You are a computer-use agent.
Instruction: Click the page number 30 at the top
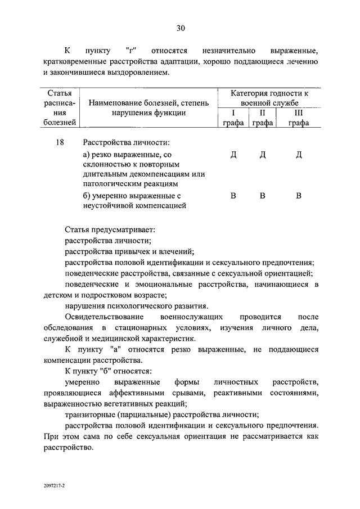180,28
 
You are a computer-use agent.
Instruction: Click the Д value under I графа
233,156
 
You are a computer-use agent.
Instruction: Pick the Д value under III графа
299,156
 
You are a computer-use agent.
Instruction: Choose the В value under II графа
262,196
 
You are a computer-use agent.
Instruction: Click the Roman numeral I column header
232,113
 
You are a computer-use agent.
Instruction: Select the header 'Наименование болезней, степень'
148,103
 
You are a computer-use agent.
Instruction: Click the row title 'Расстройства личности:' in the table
126,143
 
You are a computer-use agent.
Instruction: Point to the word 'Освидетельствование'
102,317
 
